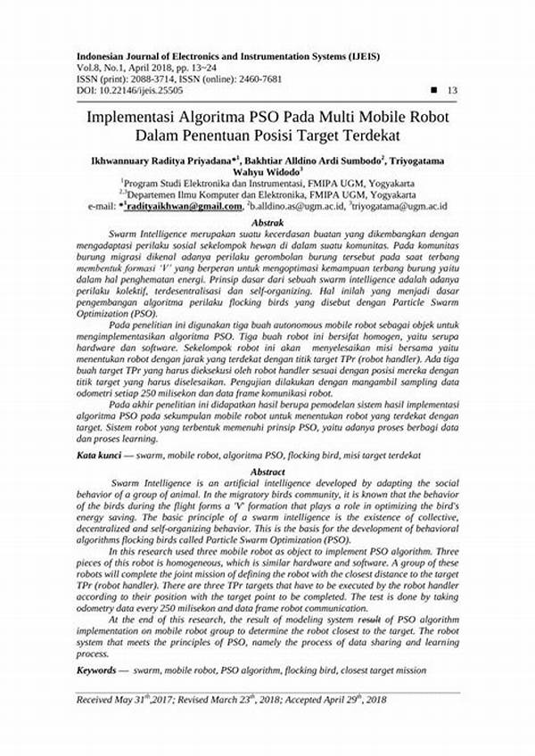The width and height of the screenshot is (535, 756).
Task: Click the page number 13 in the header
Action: (x=451, y=90)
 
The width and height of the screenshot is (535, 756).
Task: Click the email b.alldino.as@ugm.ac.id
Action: (x=297, y=208)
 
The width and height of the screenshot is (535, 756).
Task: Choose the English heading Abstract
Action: (x=267, y=471)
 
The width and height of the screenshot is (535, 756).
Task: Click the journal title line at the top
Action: (x=227, y=56)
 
